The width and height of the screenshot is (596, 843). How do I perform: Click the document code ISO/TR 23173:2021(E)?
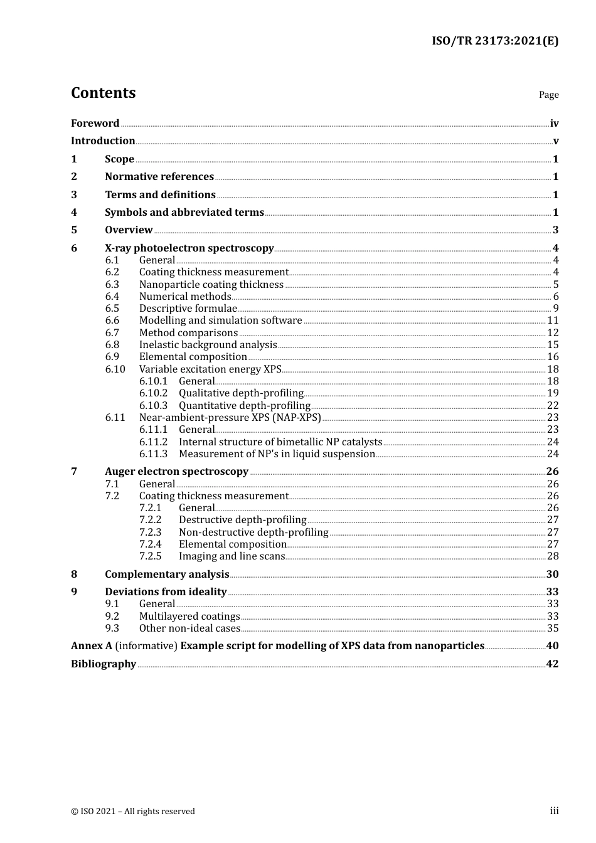tap(494, 41)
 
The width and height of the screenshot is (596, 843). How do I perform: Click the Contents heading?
tap(103, 93)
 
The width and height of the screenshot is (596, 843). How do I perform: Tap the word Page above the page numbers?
tap(548, 95)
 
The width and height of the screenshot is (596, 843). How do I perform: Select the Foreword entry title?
tap(95, 124)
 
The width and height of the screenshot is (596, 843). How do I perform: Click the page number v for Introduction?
tap(556, 141)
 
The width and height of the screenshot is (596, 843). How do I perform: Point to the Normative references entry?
tap(159, 177)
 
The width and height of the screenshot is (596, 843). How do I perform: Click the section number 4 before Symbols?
tap(74, 213)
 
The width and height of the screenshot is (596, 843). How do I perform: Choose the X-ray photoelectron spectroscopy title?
tap(189, 248)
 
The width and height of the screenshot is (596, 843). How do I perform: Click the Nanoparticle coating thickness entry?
tap(211, 285)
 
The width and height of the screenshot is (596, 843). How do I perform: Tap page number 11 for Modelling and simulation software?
tap(553, 321)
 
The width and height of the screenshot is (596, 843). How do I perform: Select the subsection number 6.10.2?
tap(153, 393)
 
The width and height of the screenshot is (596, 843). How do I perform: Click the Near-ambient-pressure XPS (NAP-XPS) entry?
tap(230, 418)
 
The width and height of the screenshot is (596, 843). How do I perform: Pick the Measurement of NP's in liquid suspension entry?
tap(277, 454)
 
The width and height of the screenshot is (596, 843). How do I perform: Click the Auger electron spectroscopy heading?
tap(176, 472)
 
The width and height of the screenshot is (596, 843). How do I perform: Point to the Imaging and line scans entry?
tap(231, 556)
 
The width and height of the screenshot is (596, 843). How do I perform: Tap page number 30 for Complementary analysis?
tap(552, 575)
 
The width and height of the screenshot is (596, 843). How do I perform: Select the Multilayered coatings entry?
tap(189, 617)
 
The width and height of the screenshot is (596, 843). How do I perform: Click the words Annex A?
tap(87, 646)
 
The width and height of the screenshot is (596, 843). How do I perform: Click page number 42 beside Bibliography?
tap(552, 664)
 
